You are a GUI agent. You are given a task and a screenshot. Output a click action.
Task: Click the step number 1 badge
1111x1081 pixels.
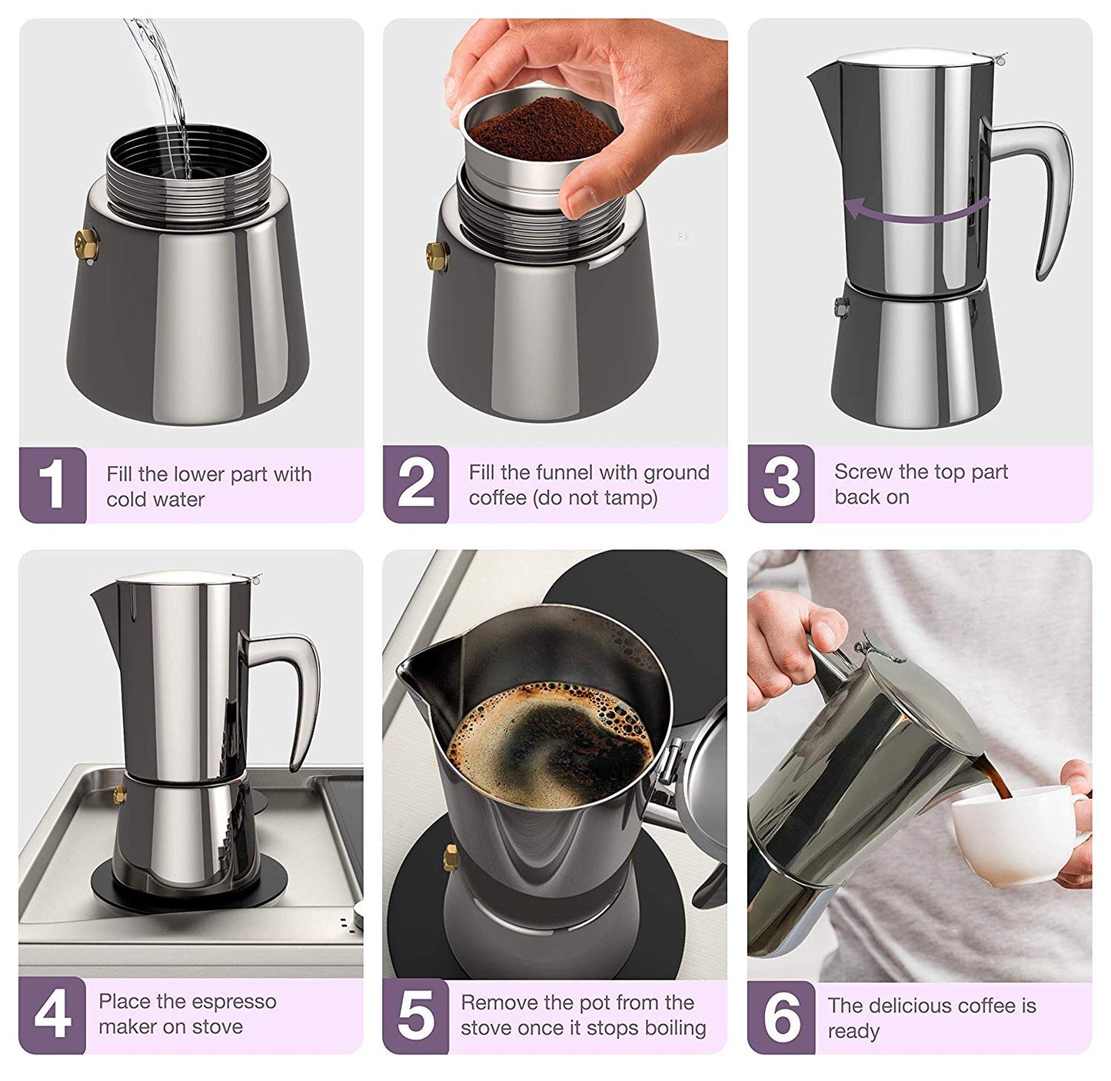pos(52,485)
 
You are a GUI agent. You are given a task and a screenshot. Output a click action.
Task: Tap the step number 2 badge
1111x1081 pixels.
pos(416,484)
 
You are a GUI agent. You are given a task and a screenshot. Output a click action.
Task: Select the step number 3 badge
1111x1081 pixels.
pos(781,484)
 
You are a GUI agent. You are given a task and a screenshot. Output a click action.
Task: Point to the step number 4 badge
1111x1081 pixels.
pos(52,1015)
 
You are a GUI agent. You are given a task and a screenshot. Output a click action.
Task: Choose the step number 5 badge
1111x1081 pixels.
pos(416,1015)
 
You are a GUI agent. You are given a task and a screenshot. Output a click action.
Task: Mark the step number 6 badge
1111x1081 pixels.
pos(781,1016)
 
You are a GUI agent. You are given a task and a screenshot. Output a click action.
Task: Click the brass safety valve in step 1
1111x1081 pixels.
pos(86,242)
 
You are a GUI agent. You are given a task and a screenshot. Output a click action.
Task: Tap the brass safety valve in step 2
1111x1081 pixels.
pos(437,255)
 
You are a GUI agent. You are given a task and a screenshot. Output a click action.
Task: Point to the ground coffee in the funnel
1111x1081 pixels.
pos(543,123)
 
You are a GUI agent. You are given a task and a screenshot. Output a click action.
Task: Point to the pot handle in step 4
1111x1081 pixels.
pos(295,692)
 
